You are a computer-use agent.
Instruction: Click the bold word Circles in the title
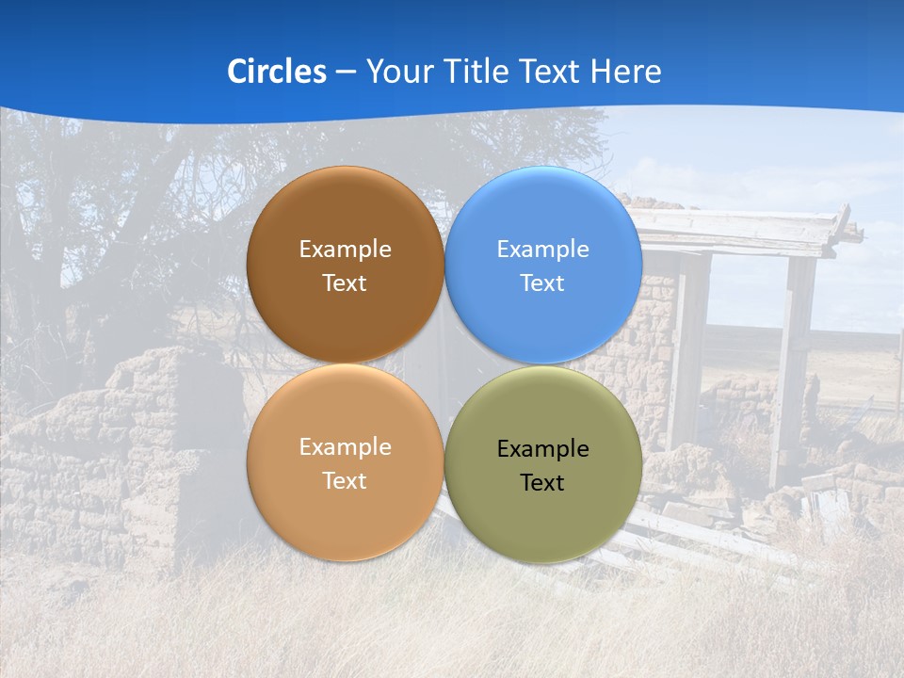(276, 72)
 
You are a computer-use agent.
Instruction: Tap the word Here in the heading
(625, 72)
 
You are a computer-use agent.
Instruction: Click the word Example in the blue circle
(542, 250)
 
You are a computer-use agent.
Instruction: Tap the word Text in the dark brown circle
(345, 283)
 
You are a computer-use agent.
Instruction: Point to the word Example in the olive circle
(542, 449)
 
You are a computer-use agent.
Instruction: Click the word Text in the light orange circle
(345, 481)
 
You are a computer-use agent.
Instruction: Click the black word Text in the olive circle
(542, 483)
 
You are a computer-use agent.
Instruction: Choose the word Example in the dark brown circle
(345, 250)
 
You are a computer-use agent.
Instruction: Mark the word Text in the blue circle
(542, 283)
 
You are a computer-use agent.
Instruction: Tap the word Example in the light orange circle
(345, 447)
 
